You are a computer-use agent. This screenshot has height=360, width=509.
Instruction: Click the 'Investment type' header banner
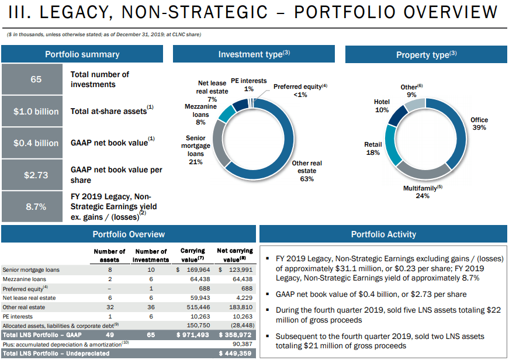click(254, 54)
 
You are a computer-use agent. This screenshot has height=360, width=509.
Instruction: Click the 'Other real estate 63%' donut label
click(307, 171)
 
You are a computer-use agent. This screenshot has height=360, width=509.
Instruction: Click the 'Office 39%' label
click(479, 124)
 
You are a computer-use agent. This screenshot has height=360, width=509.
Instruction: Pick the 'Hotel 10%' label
click(382, 106)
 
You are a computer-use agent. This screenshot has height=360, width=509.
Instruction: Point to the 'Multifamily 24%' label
click(423, 192)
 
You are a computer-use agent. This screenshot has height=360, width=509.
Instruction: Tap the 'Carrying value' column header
click(192, 255)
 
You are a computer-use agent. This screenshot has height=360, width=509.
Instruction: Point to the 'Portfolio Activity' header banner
click(383, 234)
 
